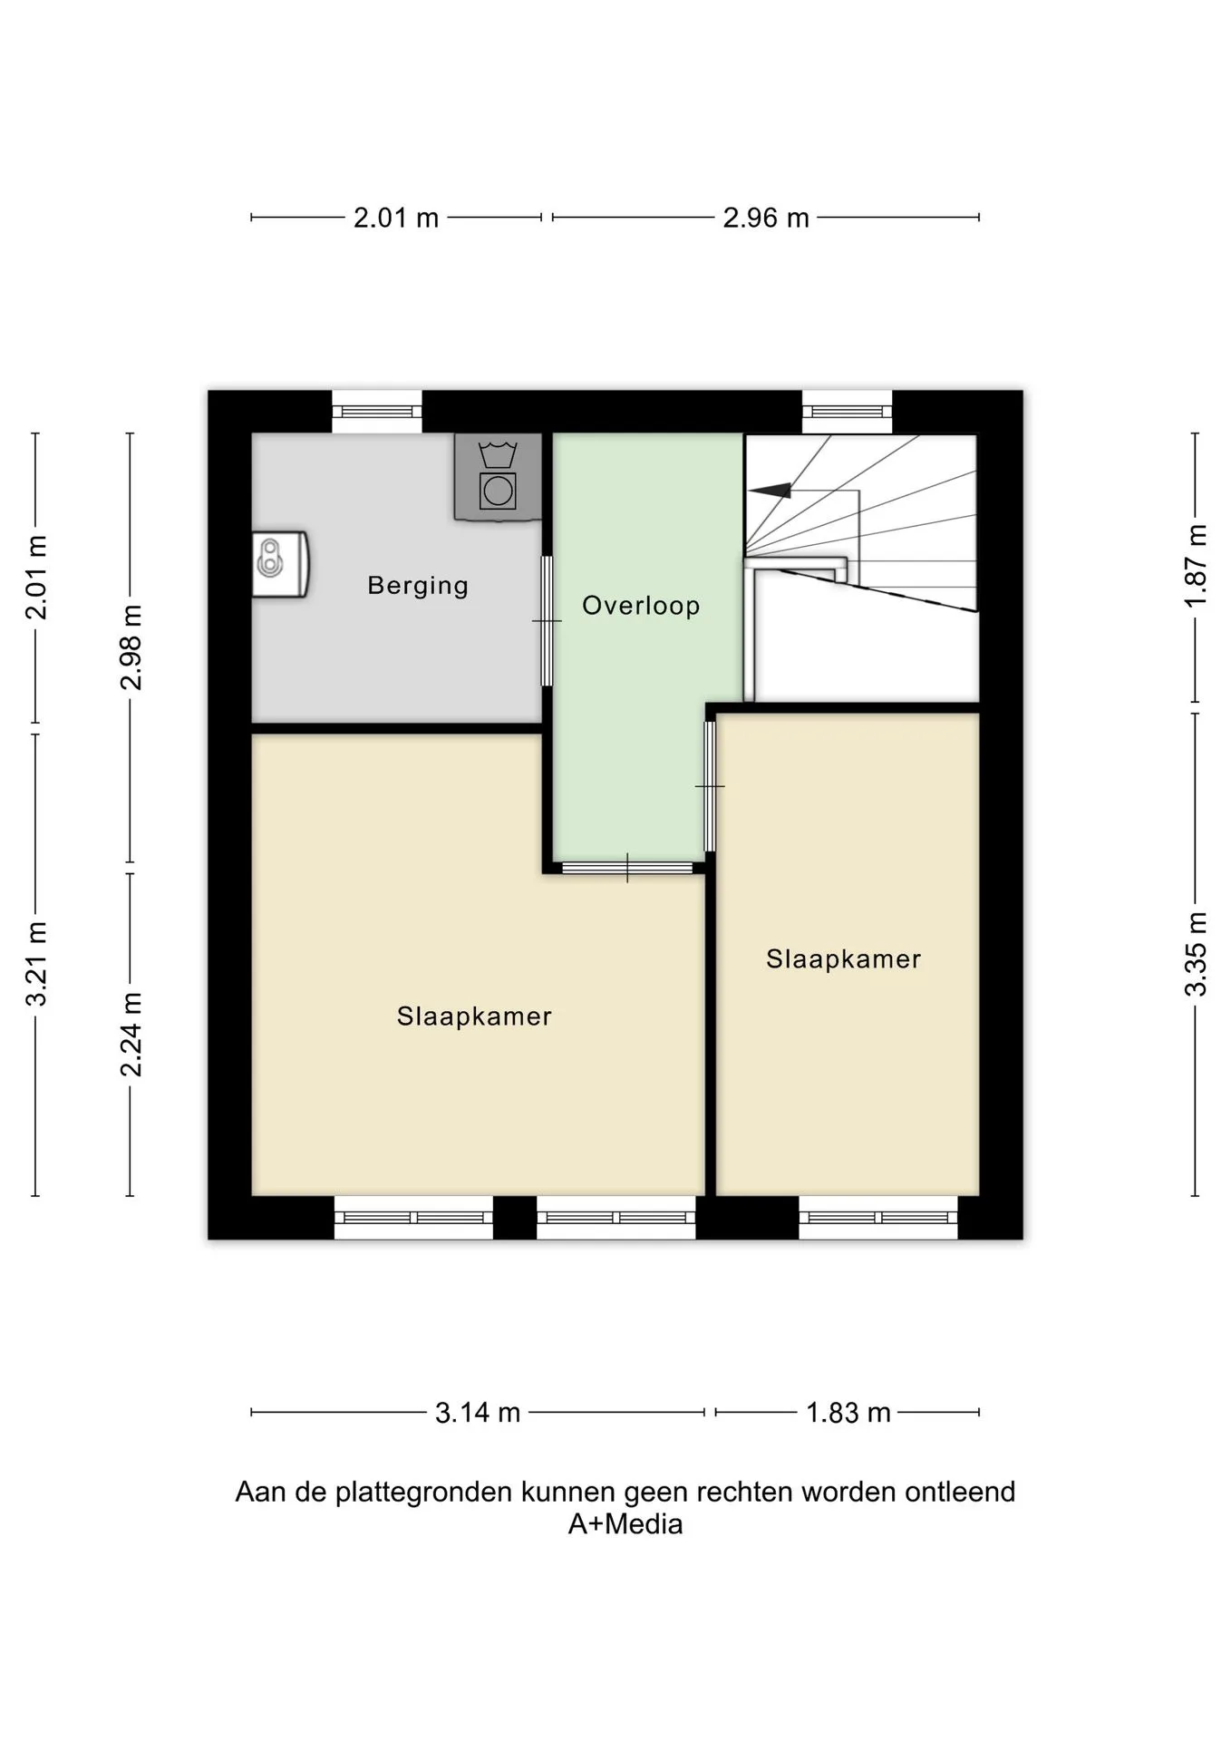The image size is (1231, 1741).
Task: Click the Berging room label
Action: (418, 586)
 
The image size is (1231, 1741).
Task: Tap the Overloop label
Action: (641, 606)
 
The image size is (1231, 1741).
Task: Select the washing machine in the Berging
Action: (498, 477)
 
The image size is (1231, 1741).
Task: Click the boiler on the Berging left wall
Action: (280, 564)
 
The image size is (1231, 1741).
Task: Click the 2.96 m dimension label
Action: (766, 219)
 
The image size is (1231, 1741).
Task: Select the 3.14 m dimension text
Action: (478, 1413)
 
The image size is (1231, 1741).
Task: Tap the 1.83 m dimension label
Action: (848, 1413)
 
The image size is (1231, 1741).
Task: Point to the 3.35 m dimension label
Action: (1197, 955)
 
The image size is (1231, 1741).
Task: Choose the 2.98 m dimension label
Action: (132, 647)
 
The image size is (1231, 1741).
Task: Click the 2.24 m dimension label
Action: (132, 1035)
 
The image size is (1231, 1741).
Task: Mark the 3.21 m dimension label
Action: (36, 964)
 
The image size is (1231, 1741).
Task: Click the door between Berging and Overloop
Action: (547, 621)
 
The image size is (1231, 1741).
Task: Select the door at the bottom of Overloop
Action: (627, 868)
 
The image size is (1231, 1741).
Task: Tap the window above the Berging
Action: (377, 412)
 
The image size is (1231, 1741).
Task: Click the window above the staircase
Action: (848, 412)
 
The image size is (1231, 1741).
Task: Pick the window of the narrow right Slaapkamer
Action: (878, 1218)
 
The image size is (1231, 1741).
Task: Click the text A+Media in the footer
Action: (625, 1524)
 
